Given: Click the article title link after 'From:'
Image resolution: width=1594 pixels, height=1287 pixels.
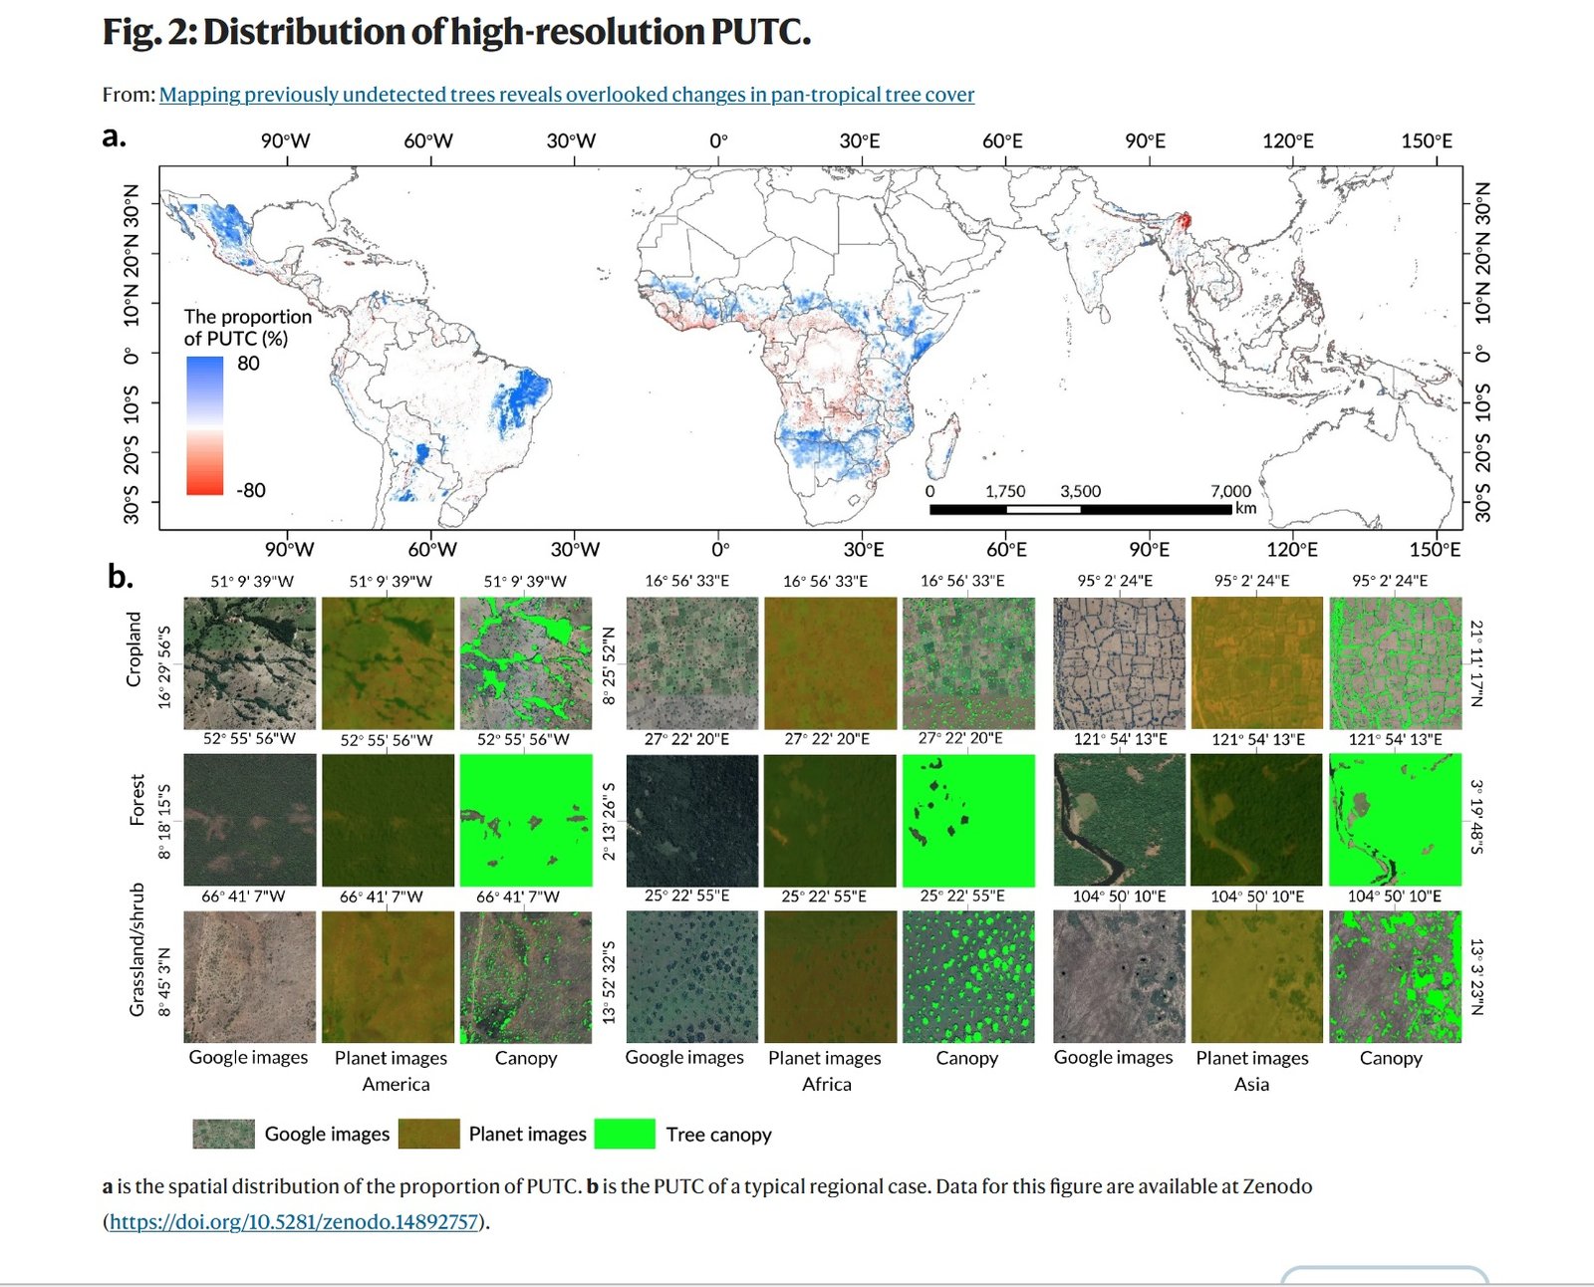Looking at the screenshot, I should tap(566, 95).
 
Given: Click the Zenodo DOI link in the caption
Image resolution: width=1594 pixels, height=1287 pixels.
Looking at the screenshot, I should tap(294, 1221).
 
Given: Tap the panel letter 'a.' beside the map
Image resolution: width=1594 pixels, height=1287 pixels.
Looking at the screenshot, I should tap(115, 136).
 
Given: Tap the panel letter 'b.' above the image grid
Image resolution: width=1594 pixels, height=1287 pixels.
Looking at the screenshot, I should tap(120, 576).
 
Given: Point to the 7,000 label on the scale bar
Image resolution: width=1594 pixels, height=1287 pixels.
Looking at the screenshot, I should tap(1230, 491).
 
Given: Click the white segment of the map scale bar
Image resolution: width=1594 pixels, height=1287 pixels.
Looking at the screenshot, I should tap(1043, 509).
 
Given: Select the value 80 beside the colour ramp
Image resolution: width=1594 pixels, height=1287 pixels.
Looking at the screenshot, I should tap(248, 364).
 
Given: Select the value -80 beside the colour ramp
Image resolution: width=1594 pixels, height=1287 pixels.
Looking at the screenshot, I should tap(250, 490).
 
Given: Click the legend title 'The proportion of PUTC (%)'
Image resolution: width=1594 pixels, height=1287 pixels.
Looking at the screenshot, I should tap(247, 327).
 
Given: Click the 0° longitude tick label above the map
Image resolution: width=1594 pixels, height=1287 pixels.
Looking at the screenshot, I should tap(718, 141).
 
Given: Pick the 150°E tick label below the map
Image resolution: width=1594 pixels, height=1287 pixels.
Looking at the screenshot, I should tap(1435, 549).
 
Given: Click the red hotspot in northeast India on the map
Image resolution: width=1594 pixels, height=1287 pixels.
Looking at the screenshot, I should tap(1186, 220).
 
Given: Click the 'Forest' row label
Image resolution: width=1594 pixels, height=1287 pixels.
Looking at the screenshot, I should tap(137, 800).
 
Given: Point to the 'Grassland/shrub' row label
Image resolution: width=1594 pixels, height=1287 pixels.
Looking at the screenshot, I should tap(137, 948).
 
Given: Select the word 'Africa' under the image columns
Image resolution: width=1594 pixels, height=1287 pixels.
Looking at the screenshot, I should tap(827, 1084).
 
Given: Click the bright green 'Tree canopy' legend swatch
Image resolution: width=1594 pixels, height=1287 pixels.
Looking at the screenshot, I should tap(625, 1134).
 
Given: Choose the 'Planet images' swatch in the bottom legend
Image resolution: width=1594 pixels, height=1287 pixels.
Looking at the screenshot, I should tap(428, 1134).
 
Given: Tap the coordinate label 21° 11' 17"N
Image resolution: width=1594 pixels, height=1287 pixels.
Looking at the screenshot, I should tap(1477, 663).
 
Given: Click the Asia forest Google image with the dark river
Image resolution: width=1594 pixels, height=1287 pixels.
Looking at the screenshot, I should tap(1119, 820).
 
